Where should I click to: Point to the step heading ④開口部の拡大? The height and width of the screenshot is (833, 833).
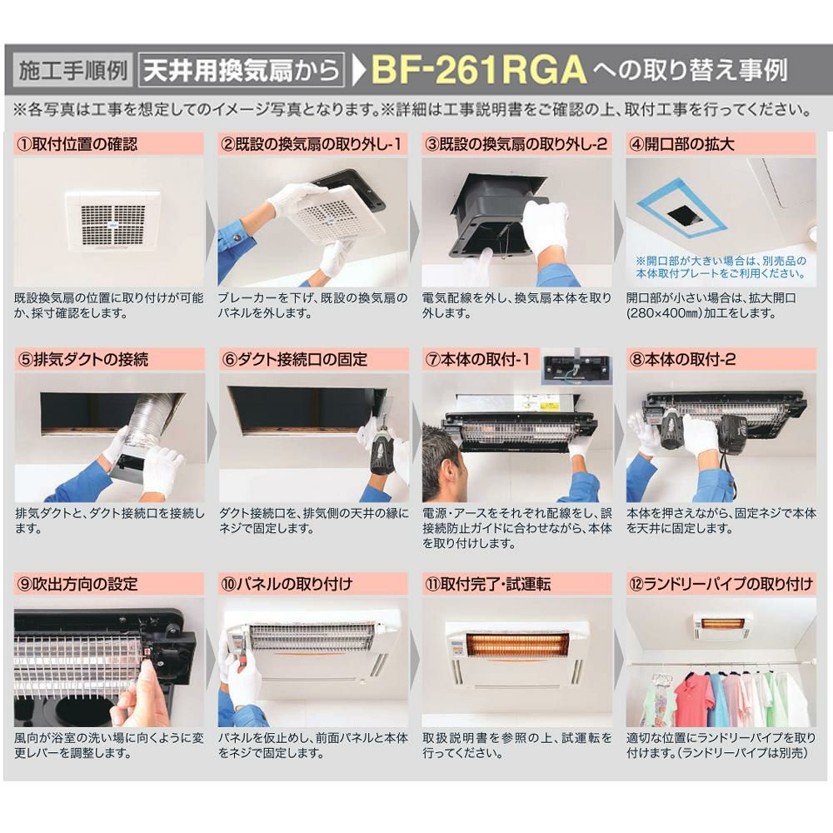tap(683, 144)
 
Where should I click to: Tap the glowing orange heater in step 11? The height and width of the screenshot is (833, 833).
tap(516, 644)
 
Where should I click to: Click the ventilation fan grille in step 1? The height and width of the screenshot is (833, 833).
tap(112, 221)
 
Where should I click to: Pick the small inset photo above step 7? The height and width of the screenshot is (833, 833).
tap(576, 369)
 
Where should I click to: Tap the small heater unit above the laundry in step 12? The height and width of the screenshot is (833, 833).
tap(721, 624)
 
